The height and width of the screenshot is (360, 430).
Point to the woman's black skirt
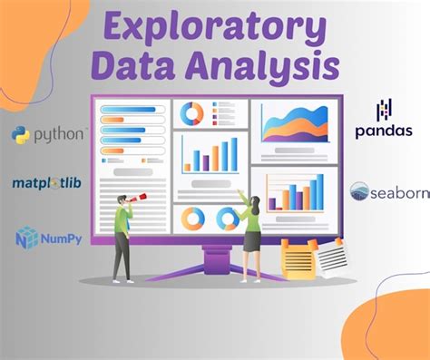coord(252,241)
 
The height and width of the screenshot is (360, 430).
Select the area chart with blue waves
coord(294,122)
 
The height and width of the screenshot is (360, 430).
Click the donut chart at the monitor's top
coord(192,113)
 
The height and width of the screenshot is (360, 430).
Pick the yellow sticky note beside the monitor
coord(298,258)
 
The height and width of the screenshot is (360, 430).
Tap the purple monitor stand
coord(216,258)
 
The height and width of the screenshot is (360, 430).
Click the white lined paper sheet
coord(331,255)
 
